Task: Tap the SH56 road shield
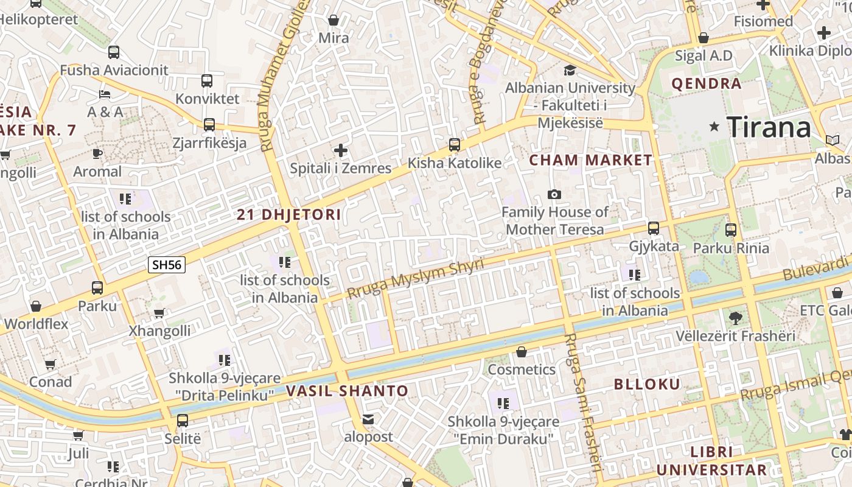tap(167, 265)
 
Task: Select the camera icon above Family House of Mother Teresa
tap(554, 194)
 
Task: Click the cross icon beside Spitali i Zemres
tap(341, 150)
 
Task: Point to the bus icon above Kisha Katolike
tap(454, 145)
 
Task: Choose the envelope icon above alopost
tap(368, 419)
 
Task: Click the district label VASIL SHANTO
tap(347, 391)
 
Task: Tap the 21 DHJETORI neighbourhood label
tap(289, 214)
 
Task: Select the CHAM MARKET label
tap(590, 160)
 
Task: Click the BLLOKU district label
tap(647, 384)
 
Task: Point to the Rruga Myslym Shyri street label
tap(416, 278)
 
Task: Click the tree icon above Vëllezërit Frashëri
tap(735, 317)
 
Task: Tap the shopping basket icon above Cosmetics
tap(522, 352)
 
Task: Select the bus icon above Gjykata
tap(654, 228)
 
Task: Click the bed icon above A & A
tap(105, 94)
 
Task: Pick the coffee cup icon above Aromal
tap(97, 153)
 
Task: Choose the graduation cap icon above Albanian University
tap(570, 70)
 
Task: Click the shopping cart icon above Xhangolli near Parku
tap(159, 313)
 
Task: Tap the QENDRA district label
tap(707, 83)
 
